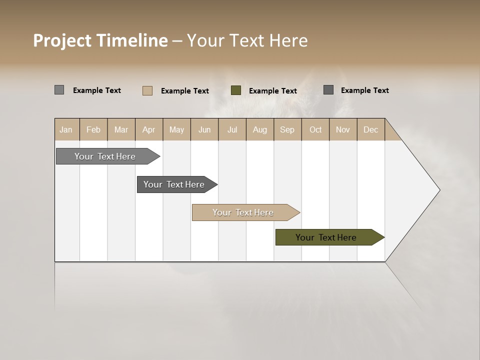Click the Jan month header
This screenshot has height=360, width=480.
click(66, 130)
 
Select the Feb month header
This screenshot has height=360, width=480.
click(93, 130)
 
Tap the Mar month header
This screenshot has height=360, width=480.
click(121, 130)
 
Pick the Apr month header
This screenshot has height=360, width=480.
click(149, 130)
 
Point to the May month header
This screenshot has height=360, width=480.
click(176, 130)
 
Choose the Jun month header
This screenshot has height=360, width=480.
click(204, 130)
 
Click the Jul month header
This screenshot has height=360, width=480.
click(232, 130)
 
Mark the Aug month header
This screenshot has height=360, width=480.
click(260, 130)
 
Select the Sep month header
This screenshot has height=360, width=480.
click(287, 130)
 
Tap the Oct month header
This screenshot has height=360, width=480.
click(315, 130)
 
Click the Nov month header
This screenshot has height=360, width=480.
click(343, 130)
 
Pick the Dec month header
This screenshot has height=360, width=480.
click(371, 130)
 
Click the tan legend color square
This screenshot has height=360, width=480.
click(147, 90)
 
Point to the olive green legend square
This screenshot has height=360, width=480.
click(236, 90)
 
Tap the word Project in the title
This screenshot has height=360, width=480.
click(63, 40)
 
